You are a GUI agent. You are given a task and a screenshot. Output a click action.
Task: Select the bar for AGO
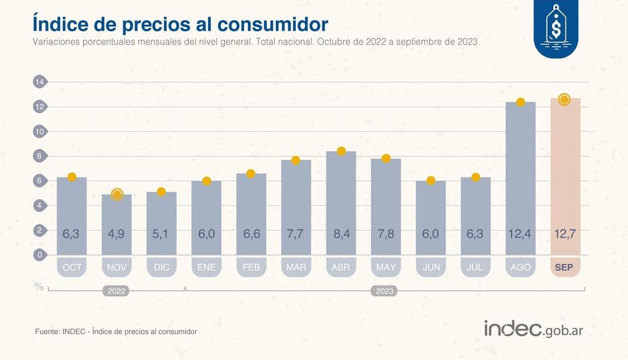click(x=520, y=178)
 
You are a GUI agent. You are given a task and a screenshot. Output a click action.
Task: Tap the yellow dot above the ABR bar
click(x=341, y=151)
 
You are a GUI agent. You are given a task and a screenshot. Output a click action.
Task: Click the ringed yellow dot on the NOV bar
click(x=117, y=195)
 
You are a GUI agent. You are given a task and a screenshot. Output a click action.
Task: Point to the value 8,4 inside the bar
click(x=341, y=234)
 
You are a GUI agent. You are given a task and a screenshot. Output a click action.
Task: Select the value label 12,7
click(x=565, y=234)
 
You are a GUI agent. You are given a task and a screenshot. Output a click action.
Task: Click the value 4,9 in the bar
click(x=117, y=234)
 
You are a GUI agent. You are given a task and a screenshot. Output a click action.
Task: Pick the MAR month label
click(x=296, y=268)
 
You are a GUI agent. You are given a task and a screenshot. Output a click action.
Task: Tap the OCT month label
click(x=72, y=268)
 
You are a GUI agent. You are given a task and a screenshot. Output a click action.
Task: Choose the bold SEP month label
click(x=565, y=268)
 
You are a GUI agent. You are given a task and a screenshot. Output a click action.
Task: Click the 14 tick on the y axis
click(x=39, y=82)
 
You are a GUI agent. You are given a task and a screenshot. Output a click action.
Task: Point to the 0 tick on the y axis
click(x=39, y=255)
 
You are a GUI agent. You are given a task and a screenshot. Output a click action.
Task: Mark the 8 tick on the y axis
click(x=39, y=156)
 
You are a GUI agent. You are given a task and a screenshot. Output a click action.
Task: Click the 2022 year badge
click(x=117, y=291)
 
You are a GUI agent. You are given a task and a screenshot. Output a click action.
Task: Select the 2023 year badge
click(x=385, y=291)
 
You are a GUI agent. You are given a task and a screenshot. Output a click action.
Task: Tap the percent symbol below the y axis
click(x=39, y=286)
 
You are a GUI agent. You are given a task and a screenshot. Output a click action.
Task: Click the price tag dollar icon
click(x=556, y=29)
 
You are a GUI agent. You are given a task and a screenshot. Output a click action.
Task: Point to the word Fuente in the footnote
click(x=47, y=332)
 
